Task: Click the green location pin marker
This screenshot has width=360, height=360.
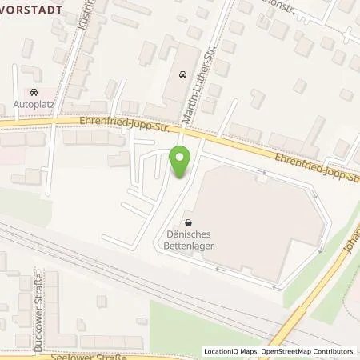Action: [180, 163]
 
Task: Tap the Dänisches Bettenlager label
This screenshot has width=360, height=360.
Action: [188, 241]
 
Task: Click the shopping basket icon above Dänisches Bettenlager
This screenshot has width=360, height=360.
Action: [188, 223]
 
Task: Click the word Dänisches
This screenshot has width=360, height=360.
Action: [188, 235]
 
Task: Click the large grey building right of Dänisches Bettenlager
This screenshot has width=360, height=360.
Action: [260, 216]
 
